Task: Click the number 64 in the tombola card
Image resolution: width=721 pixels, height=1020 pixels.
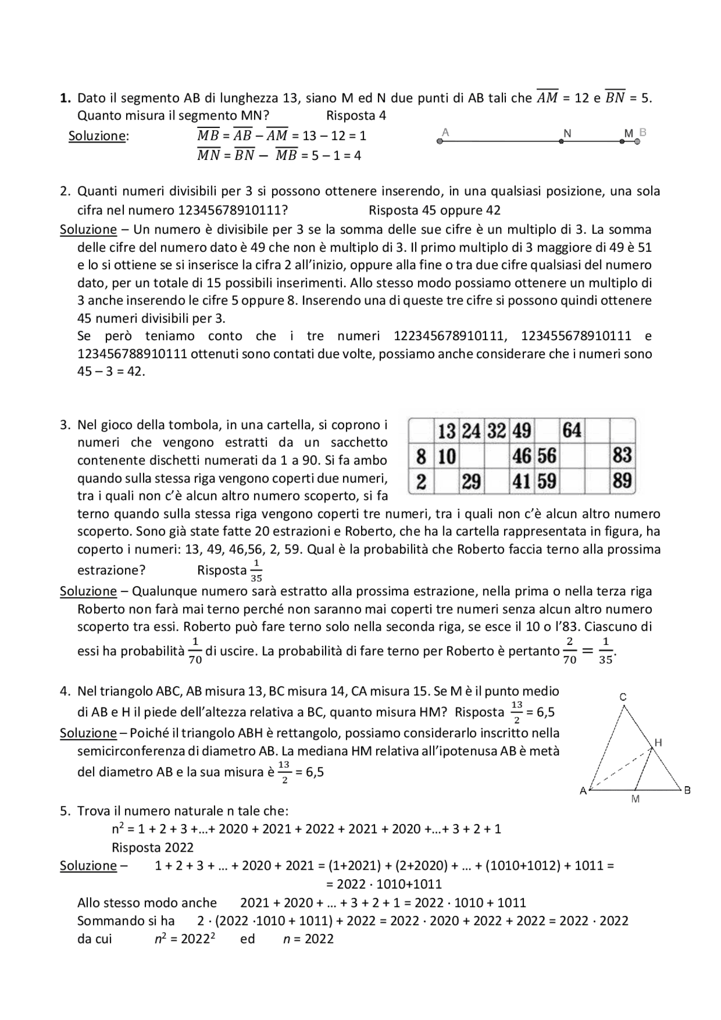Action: coord(571,431)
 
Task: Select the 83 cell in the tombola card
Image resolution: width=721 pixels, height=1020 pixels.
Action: coord(622,456)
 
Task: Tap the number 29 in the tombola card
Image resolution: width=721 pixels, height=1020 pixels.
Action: coord(471,482)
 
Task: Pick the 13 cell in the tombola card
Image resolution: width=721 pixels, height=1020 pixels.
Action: coord(446,431)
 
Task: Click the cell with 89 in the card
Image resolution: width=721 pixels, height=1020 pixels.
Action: coord(622,482)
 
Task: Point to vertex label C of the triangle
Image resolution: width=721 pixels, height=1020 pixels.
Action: coord(622,697)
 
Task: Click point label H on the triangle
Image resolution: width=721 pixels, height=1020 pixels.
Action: coord(658,743)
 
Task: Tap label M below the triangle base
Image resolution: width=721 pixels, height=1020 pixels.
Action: coord(635,799)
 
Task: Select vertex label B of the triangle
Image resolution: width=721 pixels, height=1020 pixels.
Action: coord(687,790)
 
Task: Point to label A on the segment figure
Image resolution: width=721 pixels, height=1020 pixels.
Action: coord(446,132)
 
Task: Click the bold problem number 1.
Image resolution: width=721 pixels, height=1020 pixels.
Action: coord(65,98)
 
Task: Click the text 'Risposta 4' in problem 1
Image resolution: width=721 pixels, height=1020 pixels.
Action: coord(356,116)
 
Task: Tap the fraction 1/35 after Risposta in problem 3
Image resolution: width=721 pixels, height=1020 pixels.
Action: coord(256,570)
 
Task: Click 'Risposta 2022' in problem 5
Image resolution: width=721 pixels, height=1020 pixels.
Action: coord(152,848)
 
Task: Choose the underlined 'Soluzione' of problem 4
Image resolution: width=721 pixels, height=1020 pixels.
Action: coord(88,733)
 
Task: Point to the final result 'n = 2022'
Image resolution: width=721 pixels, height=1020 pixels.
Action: coord(308,939)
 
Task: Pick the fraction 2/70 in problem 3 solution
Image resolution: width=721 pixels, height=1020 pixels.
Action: coord(569,651)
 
